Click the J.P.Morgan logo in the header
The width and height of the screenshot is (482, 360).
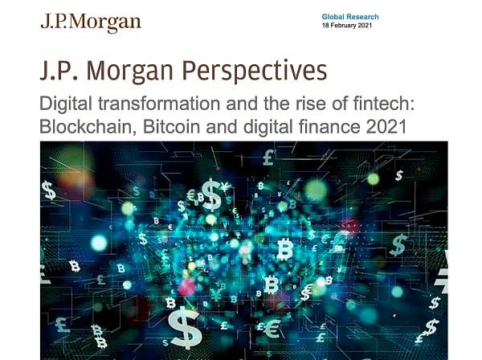pos(91,23)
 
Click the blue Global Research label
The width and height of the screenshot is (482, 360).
pos(350,17)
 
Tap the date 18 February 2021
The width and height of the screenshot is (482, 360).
pos(347,26)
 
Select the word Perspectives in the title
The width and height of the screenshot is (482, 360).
pos(255,71)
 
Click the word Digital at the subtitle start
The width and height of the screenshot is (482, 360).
pos(66,104)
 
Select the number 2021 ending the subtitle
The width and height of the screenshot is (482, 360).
pos(386,126)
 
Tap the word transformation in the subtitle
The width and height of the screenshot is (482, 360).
pos(159,104)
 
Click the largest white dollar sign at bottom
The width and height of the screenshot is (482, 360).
pos(185,327)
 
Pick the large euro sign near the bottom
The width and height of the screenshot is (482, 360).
pos(272,328)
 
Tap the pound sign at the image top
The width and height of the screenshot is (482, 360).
pos(268,157)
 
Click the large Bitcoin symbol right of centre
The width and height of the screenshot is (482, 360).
pos(284,249)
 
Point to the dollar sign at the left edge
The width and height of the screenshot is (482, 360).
pos(48,190)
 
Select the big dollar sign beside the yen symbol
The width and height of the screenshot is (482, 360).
pos(212,195)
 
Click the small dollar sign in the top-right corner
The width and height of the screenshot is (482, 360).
pos(399,175)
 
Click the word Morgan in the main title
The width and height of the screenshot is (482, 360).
pos(129,71)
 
